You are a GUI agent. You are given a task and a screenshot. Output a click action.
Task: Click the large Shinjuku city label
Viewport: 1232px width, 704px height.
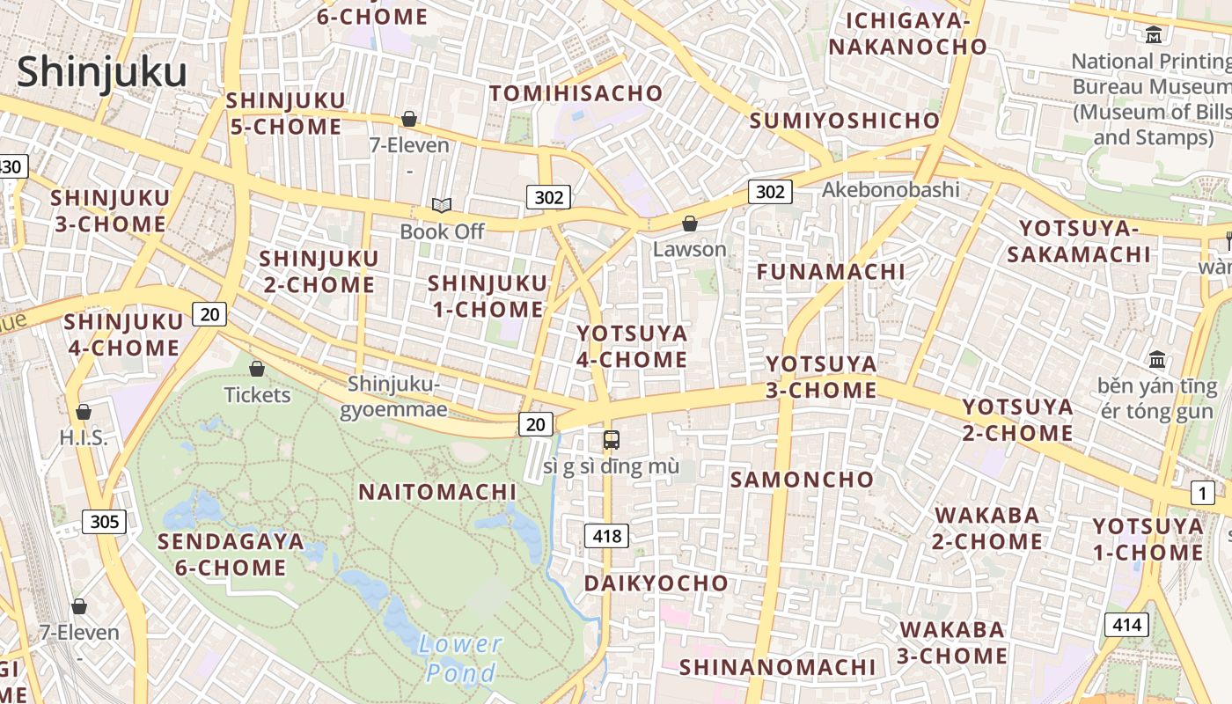point(101,72)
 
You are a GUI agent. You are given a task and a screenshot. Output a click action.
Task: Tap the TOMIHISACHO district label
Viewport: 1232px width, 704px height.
point(576,93)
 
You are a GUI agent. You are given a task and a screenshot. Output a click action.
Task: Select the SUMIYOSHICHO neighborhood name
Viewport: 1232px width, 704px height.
point(844,121)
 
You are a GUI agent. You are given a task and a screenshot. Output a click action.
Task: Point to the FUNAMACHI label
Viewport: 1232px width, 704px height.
point(831,272)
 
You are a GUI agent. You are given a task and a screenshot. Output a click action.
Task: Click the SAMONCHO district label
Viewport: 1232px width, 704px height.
point(802,480)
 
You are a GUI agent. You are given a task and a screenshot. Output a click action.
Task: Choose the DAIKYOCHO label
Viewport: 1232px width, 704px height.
point(656,583)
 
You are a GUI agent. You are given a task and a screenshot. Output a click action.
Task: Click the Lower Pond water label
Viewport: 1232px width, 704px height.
point(459,658)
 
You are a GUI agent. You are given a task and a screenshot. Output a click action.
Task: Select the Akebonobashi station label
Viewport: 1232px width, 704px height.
point(891,190)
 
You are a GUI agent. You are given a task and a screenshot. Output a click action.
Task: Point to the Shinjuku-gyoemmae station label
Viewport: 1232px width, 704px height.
point(392,397)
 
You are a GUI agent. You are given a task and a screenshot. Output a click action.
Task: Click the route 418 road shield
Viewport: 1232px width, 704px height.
point(607,535)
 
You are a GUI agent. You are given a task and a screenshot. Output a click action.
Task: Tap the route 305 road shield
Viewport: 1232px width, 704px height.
point(104,522)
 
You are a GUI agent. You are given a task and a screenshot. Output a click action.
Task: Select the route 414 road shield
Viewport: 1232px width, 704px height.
point(1126,626)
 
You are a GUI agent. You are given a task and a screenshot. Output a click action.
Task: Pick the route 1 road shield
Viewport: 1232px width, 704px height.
point(1202,494)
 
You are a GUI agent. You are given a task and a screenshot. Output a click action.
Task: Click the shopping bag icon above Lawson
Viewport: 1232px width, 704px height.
point(690,224)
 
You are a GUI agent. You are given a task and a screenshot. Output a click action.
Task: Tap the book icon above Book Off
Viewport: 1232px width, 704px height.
point(442,206)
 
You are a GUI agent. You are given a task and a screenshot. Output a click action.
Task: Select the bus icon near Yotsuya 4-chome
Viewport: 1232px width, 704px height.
point(612,440)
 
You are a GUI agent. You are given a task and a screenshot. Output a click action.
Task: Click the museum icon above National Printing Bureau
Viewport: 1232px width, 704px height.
point(1154,35)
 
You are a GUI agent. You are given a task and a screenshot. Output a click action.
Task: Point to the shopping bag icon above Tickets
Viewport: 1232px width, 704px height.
point(257,369)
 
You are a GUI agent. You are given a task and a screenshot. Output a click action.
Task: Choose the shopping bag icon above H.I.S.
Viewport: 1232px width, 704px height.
point(84,412)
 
